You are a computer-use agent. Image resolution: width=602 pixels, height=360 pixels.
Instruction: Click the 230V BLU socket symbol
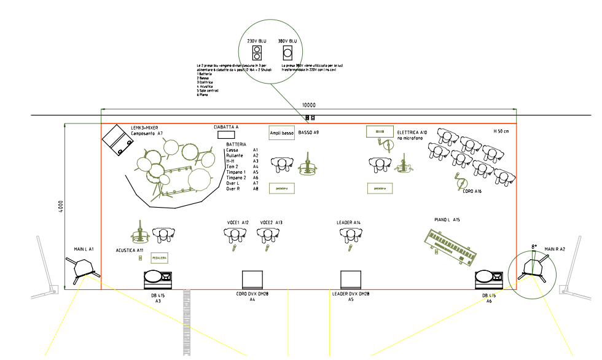tap(257, 52)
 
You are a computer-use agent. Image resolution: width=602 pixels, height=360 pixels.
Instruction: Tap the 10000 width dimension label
tap(309, 105)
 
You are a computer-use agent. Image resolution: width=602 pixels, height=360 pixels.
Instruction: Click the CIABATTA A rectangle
tap(226, 133)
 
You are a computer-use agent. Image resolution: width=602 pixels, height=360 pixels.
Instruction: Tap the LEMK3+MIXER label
tap(144, 127)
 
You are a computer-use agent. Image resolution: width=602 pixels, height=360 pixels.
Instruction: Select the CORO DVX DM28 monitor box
tap(252, 280)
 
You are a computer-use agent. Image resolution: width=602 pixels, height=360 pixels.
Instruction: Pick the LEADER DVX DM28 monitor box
tap(350, 280)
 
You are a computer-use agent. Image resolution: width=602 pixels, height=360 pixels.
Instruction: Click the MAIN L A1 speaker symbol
tap(82, 268)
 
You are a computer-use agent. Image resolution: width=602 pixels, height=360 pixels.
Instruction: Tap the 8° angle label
tap(534, 247)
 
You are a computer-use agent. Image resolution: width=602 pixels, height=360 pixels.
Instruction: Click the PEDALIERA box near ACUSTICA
tap(160, 259)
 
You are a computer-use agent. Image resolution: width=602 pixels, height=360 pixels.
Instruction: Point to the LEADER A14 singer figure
tap(349, 234)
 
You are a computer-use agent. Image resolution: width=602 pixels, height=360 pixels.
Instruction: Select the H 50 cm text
tap(501, 131)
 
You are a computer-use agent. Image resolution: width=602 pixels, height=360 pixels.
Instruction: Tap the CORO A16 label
tap(471, 191)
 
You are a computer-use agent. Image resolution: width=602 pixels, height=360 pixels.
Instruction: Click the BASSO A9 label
tap(309, 133)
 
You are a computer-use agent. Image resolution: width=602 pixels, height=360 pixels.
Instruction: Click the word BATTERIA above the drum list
tap(236, 144)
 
